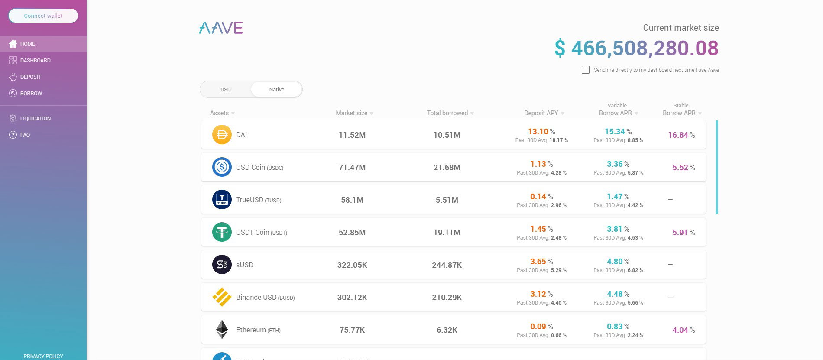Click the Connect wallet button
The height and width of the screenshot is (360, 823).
click(43, 16)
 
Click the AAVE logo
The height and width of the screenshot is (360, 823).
click(221, 28)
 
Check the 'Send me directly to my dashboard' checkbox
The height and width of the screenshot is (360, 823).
click(586, 70)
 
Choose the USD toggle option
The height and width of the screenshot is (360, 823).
click(226, 90)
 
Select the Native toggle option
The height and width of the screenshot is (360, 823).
click(276, 90)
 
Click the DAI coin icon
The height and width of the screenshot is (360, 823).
click(222, 135)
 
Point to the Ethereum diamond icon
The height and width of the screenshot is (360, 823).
click(222, 330)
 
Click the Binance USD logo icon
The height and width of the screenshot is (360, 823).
click(222, 297)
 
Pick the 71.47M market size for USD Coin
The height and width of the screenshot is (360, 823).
click(352, 168)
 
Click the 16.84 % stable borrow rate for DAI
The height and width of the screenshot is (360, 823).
click(681, 135)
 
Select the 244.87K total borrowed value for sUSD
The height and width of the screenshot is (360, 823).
click(447, 265)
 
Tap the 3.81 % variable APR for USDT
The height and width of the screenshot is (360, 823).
click(618, 229)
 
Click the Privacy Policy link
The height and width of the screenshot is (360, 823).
click(43, 356)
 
